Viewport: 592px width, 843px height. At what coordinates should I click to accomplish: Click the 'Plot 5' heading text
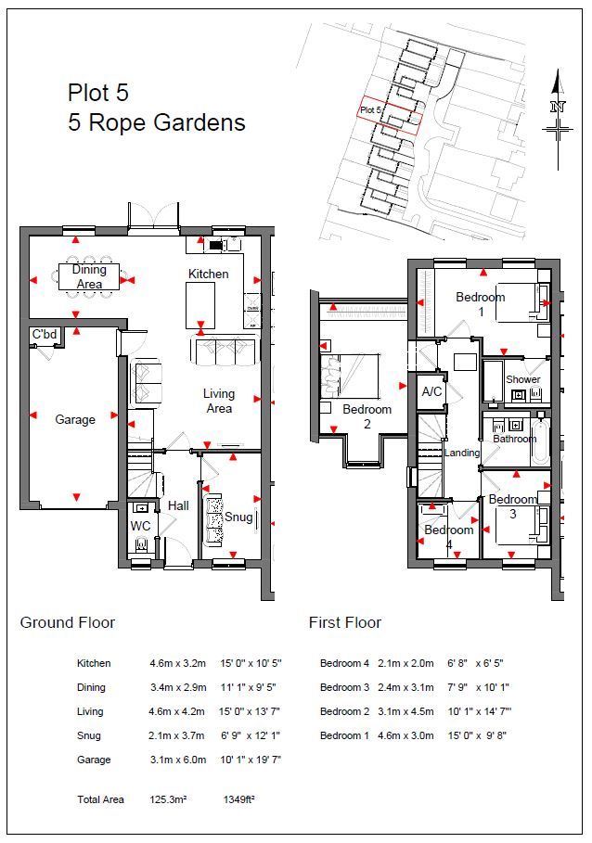(97, 93)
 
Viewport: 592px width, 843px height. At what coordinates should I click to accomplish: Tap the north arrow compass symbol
(558, 120)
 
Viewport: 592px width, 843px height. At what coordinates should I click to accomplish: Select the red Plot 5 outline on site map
(391, 115)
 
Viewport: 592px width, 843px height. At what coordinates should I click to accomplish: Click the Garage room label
(75, 419)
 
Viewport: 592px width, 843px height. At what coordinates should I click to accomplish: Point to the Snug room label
(238, 517)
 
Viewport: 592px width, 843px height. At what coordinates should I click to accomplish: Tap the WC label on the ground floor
(140, 525)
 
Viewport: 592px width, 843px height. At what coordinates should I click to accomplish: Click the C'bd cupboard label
(45, 334)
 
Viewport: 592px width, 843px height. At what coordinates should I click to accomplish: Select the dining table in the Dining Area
(89, 277)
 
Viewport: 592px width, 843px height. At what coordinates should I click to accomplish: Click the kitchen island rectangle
(200, 305)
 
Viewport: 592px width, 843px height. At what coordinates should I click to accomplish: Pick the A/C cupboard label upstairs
(431, 391)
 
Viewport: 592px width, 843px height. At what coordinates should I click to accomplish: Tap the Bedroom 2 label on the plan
(367, 416)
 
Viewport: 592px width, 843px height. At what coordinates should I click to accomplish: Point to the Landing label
(462, 453)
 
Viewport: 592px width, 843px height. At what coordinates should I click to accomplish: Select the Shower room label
(523, 379)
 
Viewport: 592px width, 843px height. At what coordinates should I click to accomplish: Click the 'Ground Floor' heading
(68, 622)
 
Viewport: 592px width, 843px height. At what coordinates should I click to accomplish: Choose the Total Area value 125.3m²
(168, 799)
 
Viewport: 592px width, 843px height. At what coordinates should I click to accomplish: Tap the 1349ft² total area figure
(238, 799)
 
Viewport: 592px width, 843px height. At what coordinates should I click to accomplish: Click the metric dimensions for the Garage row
(178, 760)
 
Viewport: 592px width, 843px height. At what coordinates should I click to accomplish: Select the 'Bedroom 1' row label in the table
(344, 735)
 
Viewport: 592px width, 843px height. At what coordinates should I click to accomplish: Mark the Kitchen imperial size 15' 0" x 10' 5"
(251, 663)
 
